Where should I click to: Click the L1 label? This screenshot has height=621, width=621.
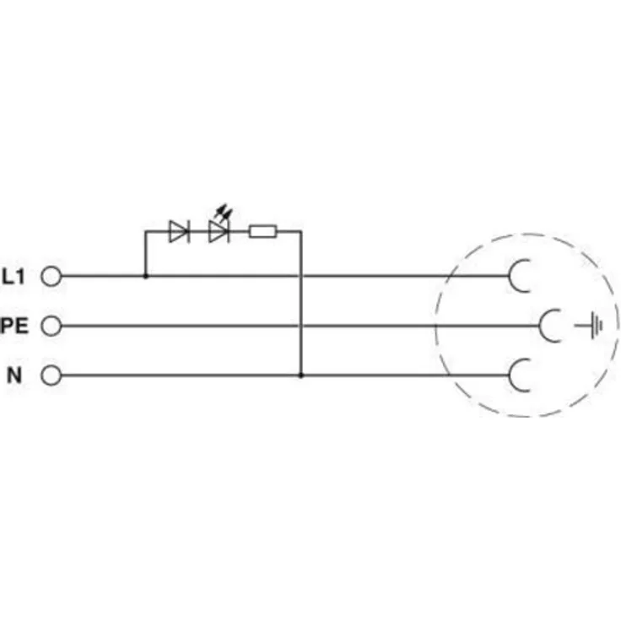13,277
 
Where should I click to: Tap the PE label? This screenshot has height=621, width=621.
14,326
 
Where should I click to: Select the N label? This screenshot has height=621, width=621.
14,375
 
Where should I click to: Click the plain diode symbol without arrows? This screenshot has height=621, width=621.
179,231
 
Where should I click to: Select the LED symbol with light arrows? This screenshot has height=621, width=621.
219,231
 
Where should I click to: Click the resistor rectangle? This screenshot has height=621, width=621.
262,231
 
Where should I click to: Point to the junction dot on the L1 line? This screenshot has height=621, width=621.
145,276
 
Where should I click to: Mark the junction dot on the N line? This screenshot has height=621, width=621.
301,375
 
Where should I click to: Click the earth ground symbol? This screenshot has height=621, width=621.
589,326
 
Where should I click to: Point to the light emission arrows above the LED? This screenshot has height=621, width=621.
224,213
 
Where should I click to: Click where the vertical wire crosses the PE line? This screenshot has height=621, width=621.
301,326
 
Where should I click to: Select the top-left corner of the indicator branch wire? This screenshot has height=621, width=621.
145,231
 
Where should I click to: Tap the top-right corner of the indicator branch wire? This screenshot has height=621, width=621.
301,231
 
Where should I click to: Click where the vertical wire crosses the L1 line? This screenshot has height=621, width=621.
301,276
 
